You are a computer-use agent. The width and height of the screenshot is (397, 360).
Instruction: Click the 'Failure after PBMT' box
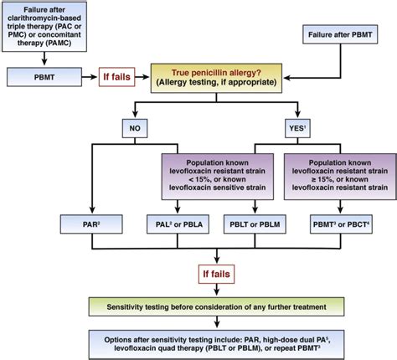[x=340, y=34]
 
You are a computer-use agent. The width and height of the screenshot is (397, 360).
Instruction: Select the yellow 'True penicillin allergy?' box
[x=216, y=78]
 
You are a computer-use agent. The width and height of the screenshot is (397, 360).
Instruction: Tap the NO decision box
[x=135, y=128]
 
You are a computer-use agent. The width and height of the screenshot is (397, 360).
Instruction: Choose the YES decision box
[x=297, y=128]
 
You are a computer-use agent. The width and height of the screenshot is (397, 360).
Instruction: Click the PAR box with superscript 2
[x=91, y=224]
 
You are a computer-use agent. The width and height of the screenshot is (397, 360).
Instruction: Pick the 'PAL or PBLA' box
[x=178, y=224]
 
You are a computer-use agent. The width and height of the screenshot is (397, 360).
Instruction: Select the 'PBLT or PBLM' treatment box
[x=255, y=224]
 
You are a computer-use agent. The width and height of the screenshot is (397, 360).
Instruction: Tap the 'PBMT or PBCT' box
[x=341, y=224]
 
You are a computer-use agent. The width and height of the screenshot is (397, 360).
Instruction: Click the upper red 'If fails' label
[x=116, y=77]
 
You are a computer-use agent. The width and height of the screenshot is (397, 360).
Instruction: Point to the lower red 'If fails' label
[x=216, y=274]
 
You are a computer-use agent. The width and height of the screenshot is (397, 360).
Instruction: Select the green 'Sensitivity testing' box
[x=216, y=306]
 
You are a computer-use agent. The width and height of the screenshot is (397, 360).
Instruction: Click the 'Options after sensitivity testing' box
[x=216, y=345]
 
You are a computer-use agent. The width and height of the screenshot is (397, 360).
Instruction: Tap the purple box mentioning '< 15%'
[x=218, y=177]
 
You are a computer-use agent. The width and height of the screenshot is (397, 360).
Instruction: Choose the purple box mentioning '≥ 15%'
[x=340, y=177]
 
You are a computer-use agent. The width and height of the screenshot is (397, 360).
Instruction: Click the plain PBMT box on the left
[x=44, y=77]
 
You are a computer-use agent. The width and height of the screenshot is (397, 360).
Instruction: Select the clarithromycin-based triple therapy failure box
[x=44, y=27]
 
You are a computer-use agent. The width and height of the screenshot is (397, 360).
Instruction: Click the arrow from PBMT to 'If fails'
[x=90, y=77]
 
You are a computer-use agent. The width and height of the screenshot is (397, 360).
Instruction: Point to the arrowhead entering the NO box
[x=135, y=115]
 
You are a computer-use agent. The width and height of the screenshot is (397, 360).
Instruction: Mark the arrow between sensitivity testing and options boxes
[x=217, y=322]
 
